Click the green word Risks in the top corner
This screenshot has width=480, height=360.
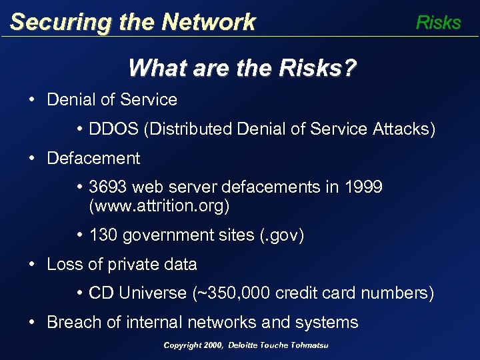[x=438, y=23]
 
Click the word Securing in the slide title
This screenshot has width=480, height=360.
[x=51, y=23]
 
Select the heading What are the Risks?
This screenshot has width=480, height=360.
[x=242, y=67]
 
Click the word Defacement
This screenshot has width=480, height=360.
[x=93, y=158]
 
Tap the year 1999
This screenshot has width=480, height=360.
[x=363, y=187]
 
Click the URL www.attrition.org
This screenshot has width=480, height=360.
[x=159, y=206]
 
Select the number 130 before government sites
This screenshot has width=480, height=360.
[x=103, y=235]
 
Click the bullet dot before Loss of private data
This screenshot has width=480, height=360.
[x=32, y=264]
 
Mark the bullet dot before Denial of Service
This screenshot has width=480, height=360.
[x=32, y=100]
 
